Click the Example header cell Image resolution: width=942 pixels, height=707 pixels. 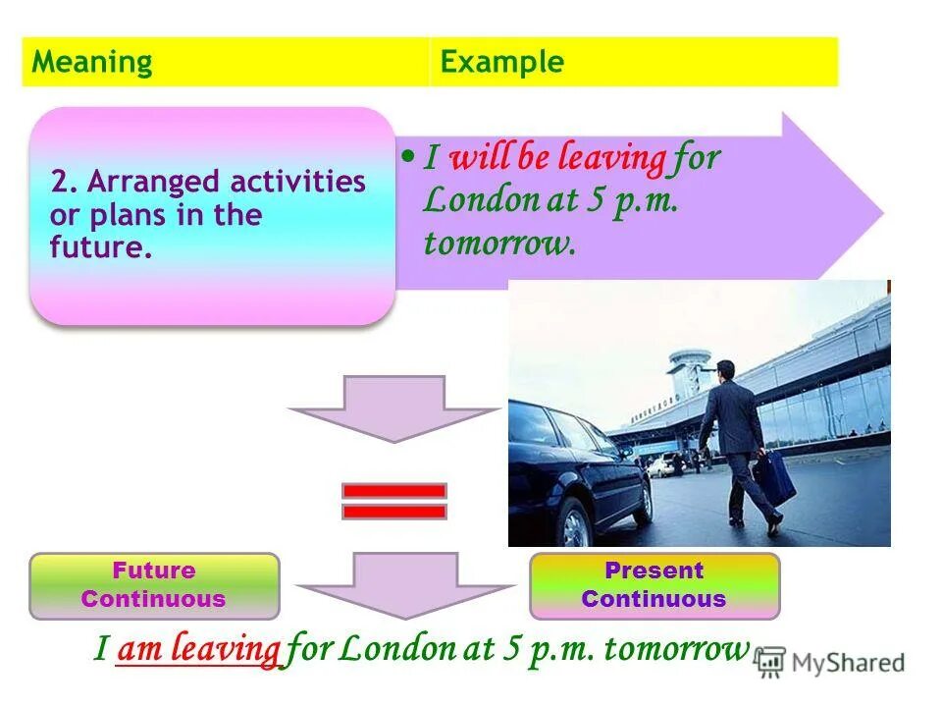(x=633, y=63)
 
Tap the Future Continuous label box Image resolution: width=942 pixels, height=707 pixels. (x=154, y=585)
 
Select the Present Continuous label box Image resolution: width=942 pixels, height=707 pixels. (x=654, y=585)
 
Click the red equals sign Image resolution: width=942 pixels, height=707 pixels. (x=393, y=501)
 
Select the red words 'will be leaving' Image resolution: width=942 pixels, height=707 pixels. (x=557, y=158)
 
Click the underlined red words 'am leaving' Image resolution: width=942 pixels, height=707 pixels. (x=198, y=649)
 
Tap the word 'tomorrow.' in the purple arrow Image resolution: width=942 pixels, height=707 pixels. (x=498, y=243)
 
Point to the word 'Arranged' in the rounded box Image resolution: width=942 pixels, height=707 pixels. (x=151, y=182)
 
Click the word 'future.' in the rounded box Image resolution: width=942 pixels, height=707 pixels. (x=101, y=246)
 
